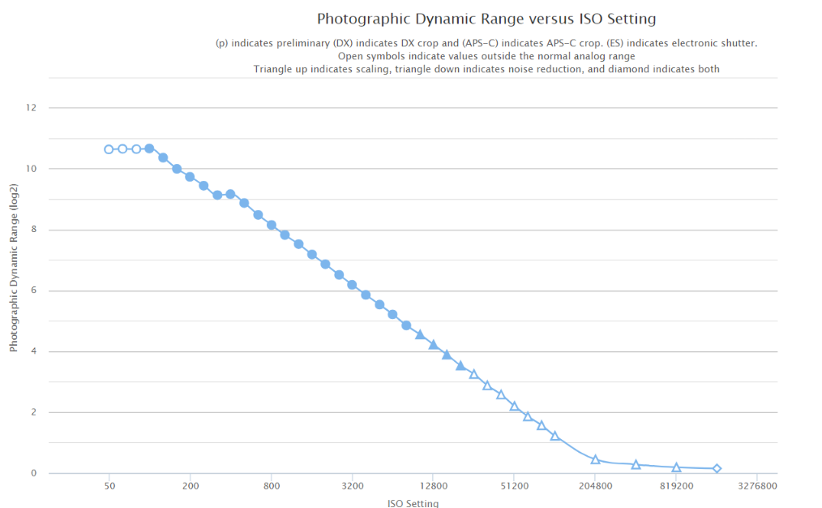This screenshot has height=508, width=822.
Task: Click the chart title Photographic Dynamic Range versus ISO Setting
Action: (486, 19)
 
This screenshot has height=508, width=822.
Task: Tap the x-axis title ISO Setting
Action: (413, 503)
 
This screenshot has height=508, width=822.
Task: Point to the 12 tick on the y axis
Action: (31, 108)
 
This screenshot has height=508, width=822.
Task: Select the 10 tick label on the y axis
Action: (31, 169)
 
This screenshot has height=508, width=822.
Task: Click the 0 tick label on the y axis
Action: (33, 473)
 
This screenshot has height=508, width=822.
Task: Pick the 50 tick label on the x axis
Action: (109, 487)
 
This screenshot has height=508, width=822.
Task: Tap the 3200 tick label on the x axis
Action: (352, 487)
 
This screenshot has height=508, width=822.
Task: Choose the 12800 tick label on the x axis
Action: (433, 487)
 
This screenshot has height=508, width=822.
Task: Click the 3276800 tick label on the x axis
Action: (756, 487)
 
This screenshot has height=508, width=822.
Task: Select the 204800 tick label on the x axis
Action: (595, 487)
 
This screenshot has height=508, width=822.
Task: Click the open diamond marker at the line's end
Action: (717, 468)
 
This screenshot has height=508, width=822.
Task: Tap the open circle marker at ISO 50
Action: (109, 149)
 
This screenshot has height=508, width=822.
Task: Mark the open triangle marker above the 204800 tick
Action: (595, 459)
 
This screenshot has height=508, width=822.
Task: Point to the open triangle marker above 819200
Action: (676, 467)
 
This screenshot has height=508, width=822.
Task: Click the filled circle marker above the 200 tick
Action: (190, 177)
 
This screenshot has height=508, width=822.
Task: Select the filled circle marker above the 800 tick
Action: (272, 225)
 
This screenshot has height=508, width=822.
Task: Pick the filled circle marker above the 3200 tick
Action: (352, 285)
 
